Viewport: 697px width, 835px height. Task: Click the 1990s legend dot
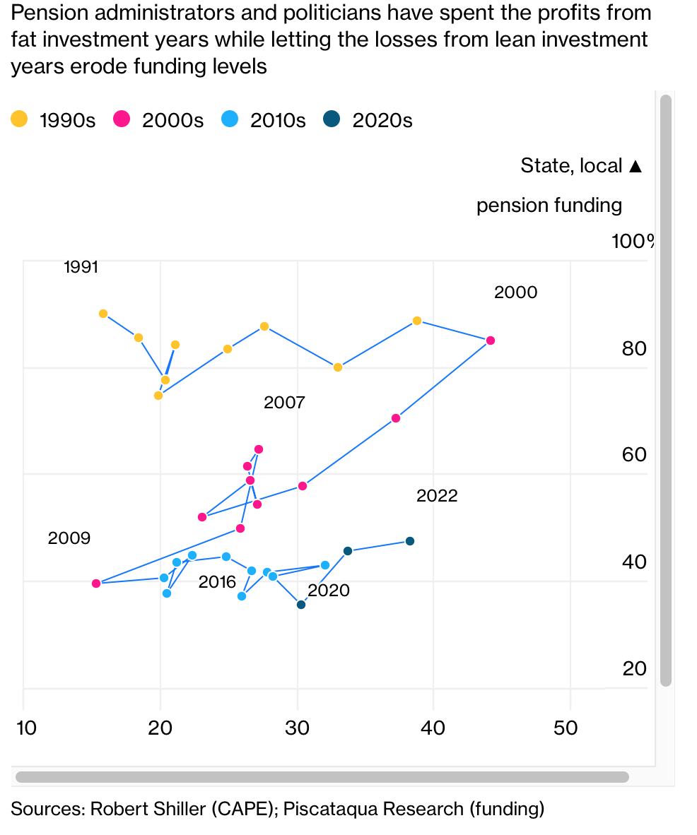(20, 119)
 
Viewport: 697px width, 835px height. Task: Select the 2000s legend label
(172, 120)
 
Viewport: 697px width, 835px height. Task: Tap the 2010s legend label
(277, 120)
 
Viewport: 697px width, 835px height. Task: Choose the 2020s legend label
(382, 120)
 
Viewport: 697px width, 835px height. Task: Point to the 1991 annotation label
(81, 268)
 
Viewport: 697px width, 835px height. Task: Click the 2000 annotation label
(515, 292)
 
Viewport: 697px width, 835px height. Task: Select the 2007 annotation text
(284, 403)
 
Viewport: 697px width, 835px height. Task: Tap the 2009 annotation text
(69, 538)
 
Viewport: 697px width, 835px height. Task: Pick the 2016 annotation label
(217, 583)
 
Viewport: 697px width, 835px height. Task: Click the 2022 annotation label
(437, 496)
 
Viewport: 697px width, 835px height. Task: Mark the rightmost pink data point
(491, 340)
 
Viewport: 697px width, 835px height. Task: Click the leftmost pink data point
(96, 584)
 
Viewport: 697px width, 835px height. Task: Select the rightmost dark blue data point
(410, 541)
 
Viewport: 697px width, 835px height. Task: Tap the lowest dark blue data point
(301, 604)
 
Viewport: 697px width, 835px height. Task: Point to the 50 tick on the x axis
(566, 728)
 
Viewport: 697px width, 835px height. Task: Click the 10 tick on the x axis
(26, 728)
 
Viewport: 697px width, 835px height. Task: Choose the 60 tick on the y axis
(634, 454)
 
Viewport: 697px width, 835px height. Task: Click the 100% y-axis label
(633, 242)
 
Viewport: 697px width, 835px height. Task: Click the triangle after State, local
(635, 166)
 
